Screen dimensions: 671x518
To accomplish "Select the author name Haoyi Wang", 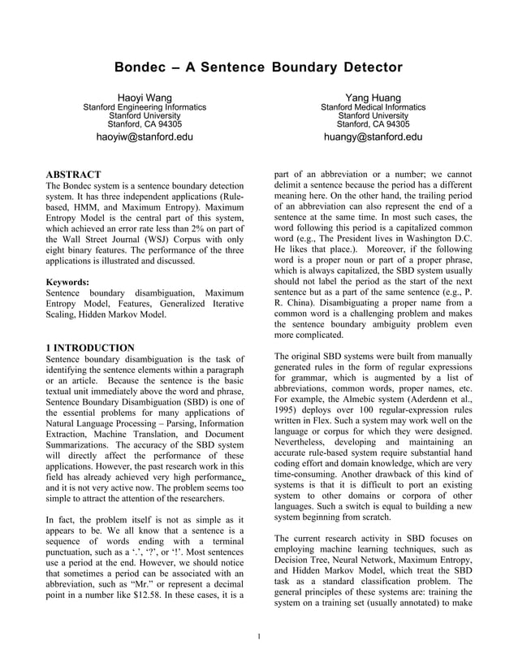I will tap(145, 98).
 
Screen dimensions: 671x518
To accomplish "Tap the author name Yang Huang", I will tap(373, 98).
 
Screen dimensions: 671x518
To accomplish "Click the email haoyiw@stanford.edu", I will tap(145, 137).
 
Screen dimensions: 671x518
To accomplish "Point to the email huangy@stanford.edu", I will tap(373, 137).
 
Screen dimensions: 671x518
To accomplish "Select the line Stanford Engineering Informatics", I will tap(145, 107).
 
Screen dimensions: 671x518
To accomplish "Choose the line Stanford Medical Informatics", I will tap(373, 107).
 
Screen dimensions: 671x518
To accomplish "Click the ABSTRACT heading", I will tap(73, 175).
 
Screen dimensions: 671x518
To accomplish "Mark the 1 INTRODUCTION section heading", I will tap(90, 348).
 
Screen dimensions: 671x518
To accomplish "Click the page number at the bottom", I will tap(258, 636).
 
